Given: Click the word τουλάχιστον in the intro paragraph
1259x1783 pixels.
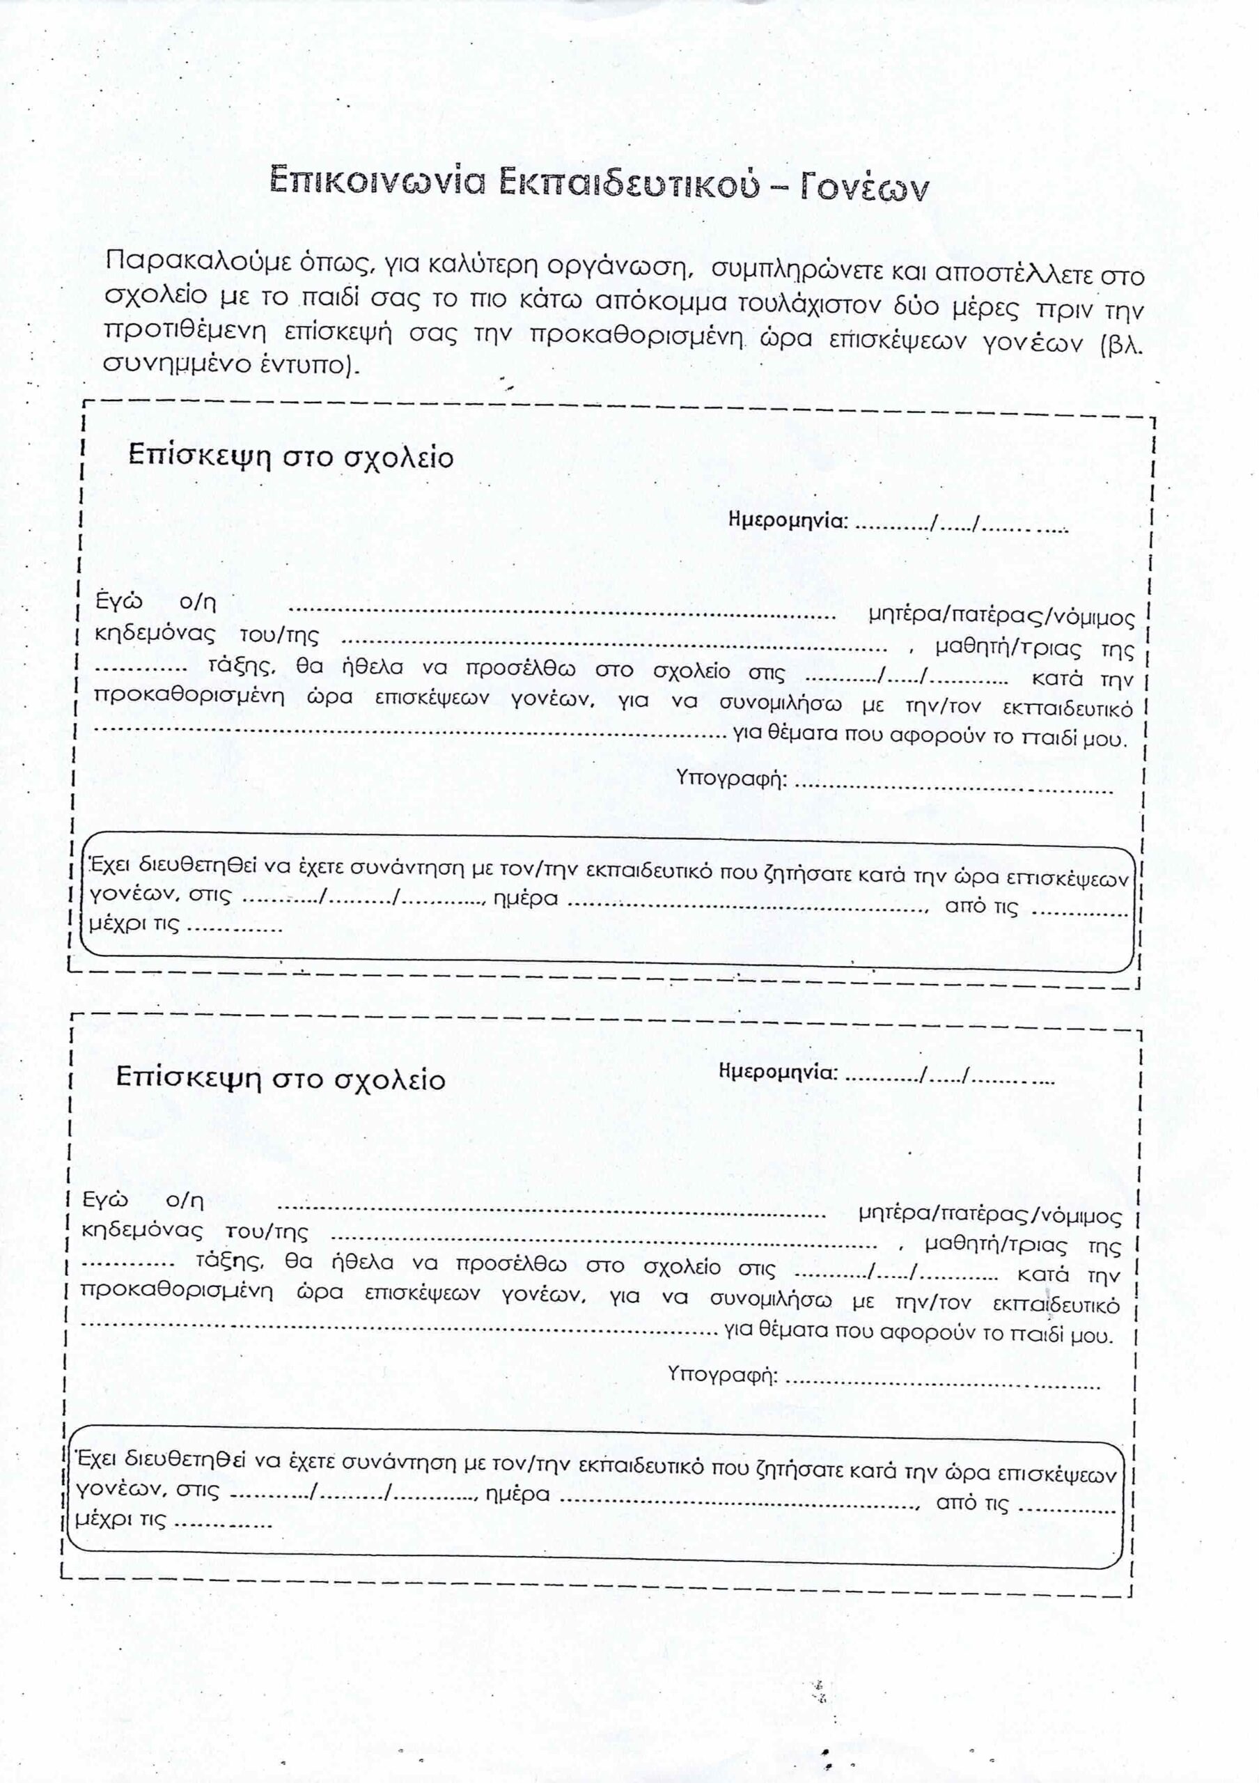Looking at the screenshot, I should [x=827, y=303].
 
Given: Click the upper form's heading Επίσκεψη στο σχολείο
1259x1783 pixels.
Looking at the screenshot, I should [x=290, y=457].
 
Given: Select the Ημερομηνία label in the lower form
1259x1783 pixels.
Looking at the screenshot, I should [x=779, y=1073].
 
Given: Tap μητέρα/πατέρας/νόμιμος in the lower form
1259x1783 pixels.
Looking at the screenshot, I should [x=990, y=1215].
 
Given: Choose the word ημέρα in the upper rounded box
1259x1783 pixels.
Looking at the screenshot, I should [x=526, y=899].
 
